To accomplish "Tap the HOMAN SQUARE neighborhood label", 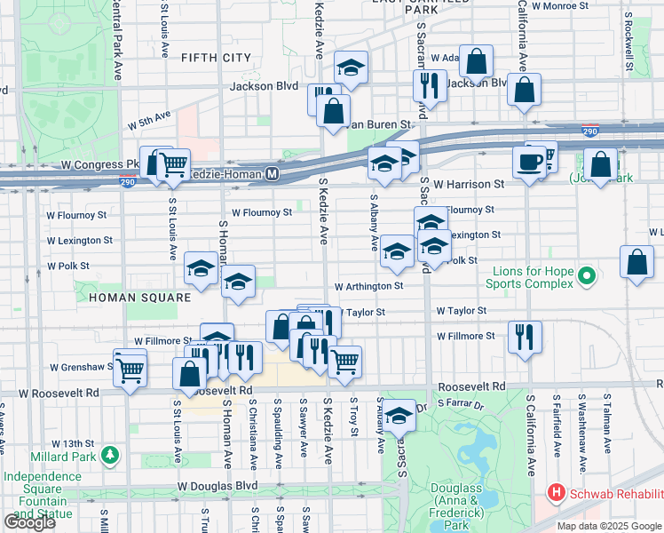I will click(133, 297).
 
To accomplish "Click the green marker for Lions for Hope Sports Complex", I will click(585, 277).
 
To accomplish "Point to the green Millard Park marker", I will click(110, 455).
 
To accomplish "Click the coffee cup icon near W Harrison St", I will click(530, 162).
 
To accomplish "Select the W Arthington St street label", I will click(368, 286).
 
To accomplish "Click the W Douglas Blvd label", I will click(217, 486).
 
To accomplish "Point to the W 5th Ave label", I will click(148, 117).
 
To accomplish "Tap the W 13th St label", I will click(72, 443).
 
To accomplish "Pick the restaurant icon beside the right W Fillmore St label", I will click(524, 336).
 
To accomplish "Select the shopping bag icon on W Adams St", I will click(477, 62).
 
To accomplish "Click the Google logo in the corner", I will click(29, 521).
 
